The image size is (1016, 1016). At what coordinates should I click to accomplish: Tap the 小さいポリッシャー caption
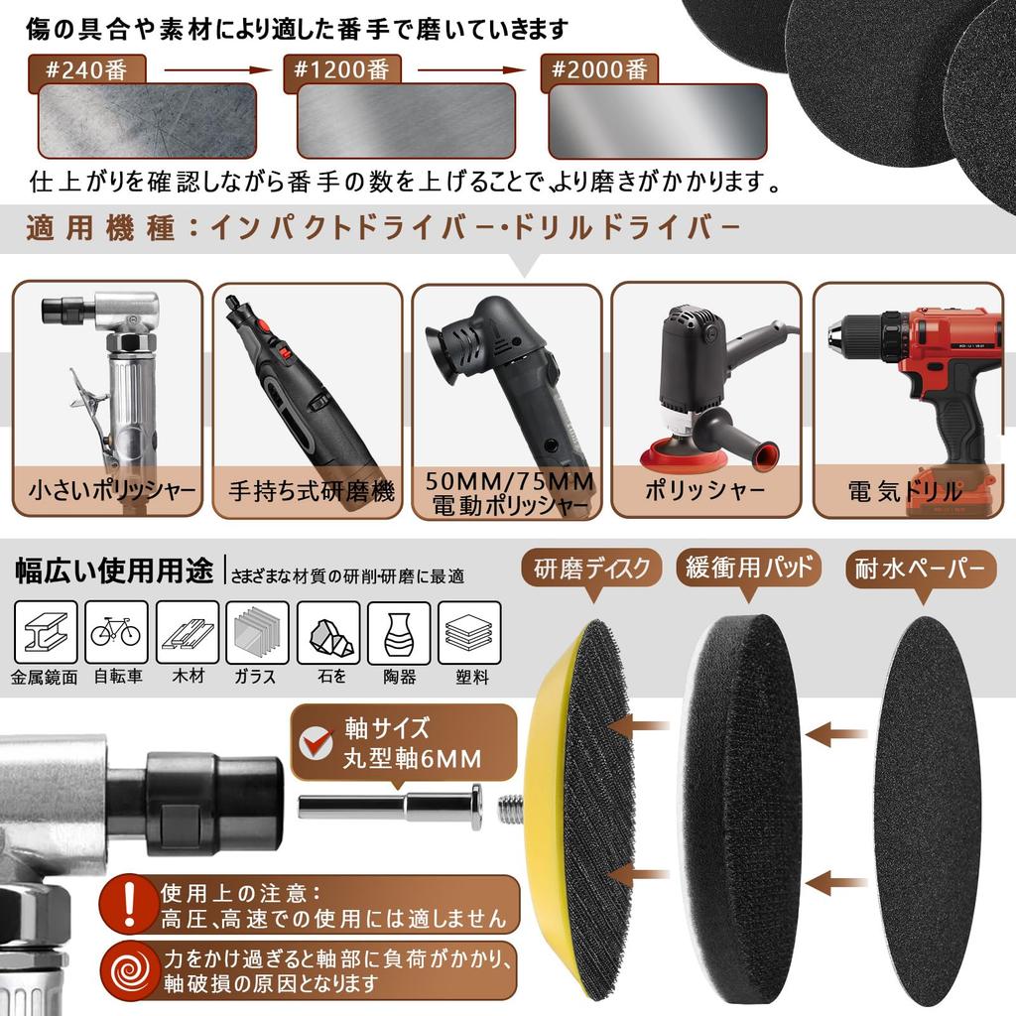pyautogui.click(x=111, y=490)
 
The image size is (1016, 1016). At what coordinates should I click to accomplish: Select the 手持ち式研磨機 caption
pyautogui.click(x=311, y=490)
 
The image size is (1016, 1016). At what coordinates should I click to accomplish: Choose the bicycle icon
pyautogui.click(x=116, y=631)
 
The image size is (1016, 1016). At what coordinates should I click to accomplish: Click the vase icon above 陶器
pyautogui.click(x=398, y=631)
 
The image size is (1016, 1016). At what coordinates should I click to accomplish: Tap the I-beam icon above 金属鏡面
pyautogui.click(x=46, y=631)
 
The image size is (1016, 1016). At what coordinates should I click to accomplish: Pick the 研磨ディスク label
pyautogui.click(x=590, y=569)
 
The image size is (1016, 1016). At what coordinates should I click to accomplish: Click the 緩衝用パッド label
pyautogui.click(x=749, y=569)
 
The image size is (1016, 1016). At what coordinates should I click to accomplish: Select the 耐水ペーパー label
pyautogui.click(x=920, y=569)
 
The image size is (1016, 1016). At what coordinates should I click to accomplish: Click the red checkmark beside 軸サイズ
pyautogui.click(x=318, y=740)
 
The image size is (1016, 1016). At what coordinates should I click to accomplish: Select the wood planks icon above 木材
pyautogui.click(x=186, y=631)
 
